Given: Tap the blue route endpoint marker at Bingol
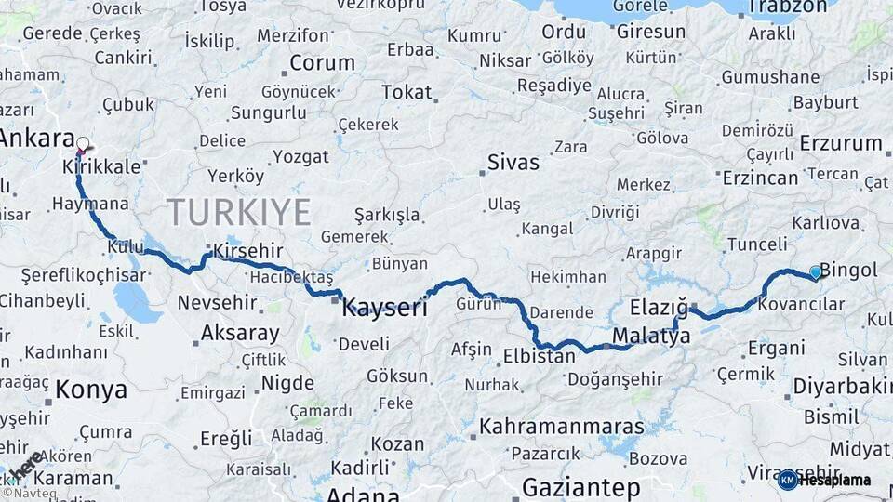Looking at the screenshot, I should coord(816,271).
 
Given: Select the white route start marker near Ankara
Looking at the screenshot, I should coord(83,144).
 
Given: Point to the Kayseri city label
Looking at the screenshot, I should coord(384,308).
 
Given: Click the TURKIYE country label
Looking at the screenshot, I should coord(239,212).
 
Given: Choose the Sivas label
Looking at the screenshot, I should coord(513,163).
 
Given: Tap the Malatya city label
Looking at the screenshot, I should coord(651,337).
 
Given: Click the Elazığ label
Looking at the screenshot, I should coord(659,308).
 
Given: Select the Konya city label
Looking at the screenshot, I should coord(90,389).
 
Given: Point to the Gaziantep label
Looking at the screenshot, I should coord(581,487).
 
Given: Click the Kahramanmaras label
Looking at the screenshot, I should coord(561,427).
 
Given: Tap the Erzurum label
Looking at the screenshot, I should coord(840,143).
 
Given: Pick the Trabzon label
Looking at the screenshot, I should coord(788,7).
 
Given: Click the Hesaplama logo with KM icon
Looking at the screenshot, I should coord(824,480).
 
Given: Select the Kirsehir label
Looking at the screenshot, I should coord(247,251).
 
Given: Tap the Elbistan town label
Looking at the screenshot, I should coord(539,355).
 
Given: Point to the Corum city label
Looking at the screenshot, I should coord(322,63).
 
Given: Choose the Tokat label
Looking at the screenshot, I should coord(407,92).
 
